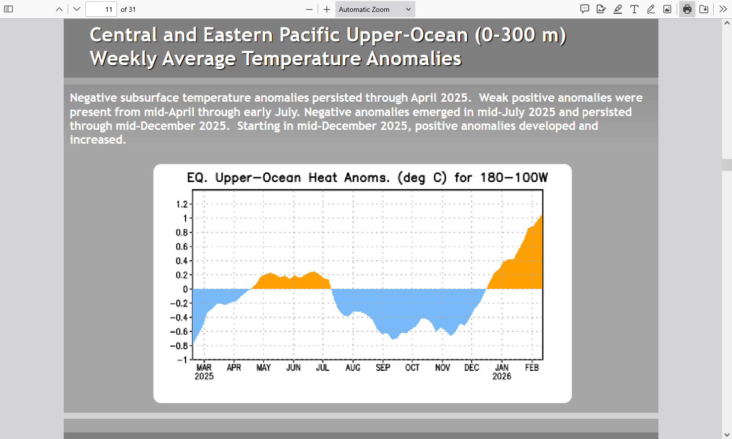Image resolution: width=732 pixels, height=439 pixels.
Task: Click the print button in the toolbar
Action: click(x=687, y=9)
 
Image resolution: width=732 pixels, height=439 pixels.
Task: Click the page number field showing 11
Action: click(x=101, y=9)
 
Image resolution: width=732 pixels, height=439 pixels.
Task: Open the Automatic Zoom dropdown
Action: click(x=375, y=9)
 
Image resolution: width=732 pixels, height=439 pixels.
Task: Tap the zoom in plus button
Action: click(x=326, y=9)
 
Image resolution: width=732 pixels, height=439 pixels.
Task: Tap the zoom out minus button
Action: click(x=309, y=9)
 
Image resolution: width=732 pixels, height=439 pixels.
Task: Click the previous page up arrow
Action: click(x=59, y=9)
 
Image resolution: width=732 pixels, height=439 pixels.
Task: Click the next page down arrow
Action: click(x=77, y=9)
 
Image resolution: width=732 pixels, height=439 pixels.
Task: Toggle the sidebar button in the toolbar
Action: click(x=8, y=9)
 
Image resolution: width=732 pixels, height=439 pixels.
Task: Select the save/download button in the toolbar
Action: click(x=703, y=9)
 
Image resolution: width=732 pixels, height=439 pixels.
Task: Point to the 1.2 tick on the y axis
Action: click(x=182, y=204)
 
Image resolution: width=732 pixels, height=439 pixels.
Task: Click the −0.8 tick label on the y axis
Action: click(x=179, y=346)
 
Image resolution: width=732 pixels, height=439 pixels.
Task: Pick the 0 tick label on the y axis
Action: click(x=186, y=289)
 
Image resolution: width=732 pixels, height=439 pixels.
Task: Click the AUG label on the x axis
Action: click(x=353, y=367)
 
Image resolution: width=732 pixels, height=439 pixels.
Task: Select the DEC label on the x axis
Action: click(x=472, y=367)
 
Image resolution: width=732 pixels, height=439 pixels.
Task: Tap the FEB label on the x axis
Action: click(x=531, y=367)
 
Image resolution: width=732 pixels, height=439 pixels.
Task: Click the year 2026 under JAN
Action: click(x=502, y=376)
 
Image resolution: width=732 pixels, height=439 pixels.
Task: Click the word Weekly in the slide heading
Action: click(x=123, y=59)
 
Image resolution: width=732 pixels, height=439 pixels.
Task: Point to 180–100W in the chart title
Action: click(x=514, y=177)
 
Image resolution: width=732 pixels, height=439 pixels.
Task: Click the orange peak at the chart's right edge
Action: click(x=542, y=215)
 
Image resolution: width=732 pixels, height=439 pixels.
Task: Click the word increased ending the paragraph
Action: click(x=98, y=140)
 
